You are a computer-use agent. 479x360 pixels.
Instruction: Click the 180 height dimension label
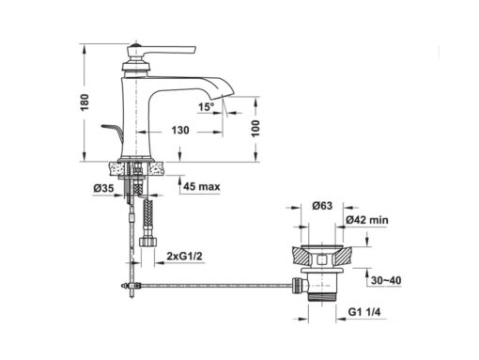[85, 102]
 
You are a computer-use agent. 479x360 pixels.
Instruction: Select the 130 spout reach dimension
[180, 130]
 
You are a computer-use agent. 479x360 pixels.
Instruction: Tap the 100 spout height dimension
[255, 129]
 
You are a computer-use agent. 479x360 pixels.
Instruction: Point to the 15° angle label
[207, 107]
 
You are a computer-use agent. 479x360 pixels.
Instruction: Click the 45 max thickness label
[202, 186]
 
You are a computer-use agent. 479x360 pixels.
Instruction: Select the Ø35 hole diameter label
[103, 188]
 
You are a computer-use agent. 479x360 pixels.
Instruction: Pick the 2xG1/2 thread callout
[184, 256]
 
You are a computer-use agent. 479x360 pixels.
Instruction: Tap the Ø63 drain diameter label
[322, 206]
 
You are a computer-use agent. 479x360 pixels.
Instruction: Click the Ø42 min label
[367, 220]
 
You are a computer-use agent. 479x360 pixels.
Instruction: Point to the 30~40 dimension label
[386, 280]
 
